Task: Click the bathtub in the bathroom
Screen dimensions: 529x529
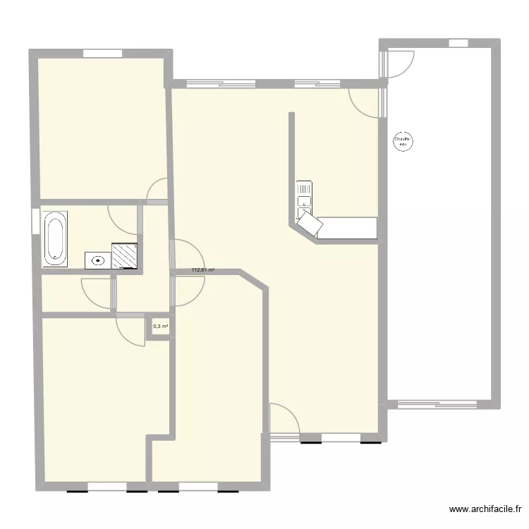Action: click(55, 238)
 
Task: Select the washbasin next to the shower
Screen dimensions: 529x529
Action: click(97, 260)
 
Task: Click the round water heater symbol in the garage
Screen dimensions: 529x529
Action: click(403, 142)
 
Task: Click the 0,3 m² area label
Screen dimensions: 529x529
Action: click(159, 326)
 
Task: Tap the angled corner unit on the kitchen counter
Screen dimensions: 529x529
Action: click(310, 224)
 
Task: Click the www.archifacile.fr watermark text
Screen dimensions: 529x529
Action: click(486, 509)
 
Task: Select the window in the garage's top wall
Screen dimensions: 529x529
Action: click(458, 43)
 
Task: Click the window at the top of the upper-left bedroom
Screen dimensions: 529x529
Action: click(102, 52)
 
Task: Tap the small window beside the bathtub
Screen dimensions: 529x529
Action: click(35, 220)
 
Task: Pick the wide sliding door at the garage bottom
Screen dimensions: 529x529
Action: click(438, 405)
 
